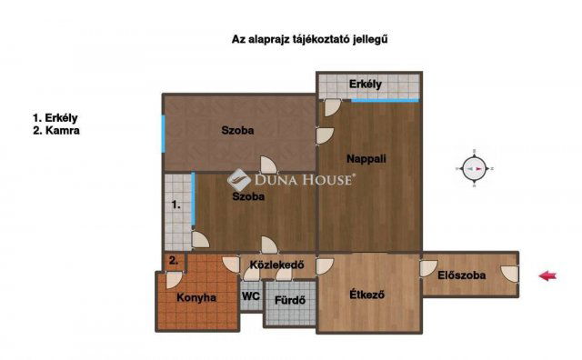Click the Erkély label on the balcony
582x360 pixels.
pos(366,85)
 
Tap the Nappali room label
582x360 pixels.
pos(367,158)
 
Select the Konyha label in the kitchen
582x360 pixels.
pos(196,297)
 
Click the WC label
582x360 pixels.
pos(250,297)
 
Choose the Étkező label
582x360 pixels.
pos(367,295)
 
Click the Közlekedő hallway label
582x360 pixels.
pos(276,266)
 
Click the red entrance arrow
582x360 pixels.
pos(547,276)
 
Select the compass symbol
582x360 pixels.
pos(475,168)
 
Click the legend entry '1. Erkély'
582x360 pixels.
pos(55,118)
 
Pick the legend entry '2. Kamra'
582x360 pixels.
pos(55,131)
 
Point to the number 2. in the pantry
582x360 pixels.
pos(173,262)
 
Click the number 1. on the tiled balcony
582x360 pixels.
pos(176,205)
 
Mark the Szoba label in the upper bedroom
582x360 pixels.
pos(237,130)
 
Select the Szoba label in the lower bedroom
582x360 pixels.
pos(248,196)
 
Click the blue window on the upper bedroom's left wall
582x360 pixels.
pos(164,135)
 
